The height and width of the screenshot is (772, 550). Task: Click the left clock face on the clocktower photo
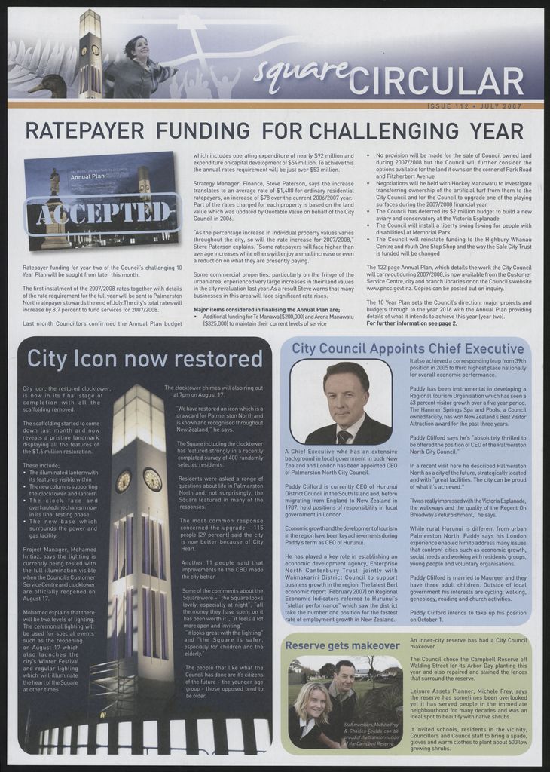point(124,480)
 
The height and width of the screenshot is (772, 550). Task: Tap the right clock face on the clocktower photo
point(152,479)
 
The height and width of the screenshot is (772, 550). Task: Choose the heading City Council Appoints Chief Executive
point(408,348)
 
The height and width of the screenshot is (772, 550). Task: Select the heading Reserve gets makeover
point(342,646)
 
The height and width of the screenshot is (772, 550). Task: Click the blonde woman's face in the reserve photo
point(313,703)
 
